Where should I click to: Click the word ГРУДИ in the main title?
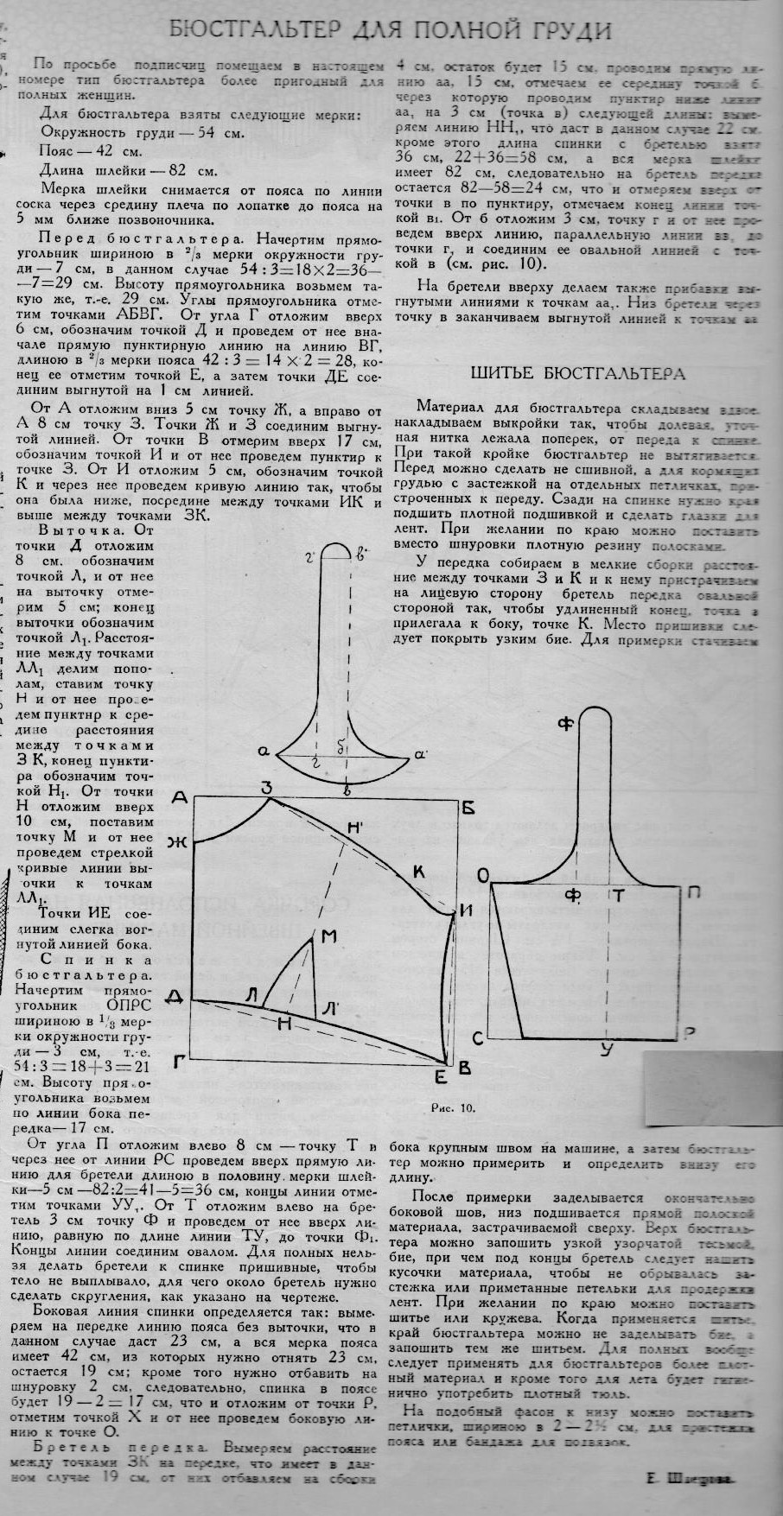click(x=567, y=31)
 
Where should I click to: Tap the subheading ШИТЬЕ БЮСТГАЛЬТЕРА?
click(x=577, y=374)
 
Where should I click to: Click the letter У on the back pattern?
click(x=606, y=1049)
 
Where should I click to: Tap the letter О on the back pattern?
click(x=481, y=879)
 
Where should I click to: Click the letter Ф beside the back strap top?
click(x=566, y=726)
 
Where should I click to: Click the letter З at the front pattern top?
click(x=268, y=787)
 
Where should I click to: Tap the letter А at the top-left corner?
click(x=180, y=799)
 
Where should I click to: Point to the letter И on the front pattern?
click(x=467, y=910)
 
